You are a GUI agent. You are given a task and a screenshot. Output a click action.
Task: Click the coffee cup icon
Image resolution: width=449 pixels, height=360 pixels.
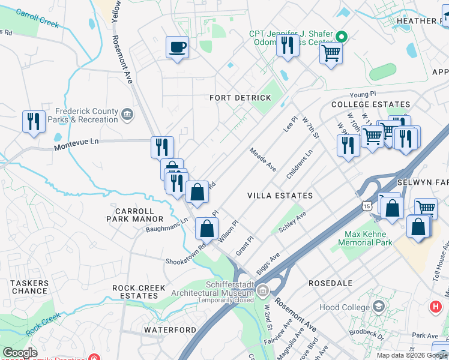tap(177, 47)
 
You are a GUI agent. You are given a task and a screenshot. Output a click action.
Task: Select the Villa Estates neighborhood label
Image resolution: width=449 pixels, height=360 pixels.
tap(280, 196)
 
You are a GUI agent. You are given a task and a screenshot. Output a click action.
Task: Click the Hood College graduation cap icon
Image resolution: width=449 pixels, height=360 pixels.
tap(378, 307)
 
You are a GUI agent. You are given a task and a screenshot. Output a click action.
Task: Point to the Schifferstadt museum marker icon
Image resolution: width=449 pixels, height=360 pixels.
tap(262, 292)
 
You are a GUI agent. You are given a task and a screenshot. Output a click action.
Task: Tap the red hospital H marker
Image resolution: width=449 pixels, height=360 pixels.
tap(436, 307)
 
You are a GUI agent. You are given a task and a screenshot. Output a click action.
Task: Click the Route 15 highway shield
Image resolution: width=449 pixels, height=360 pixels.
tap(366, 206)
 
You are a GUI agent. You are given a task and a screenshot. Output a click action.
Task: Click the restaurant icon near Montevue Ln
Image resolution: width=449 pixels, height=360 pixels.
tap(162, 146)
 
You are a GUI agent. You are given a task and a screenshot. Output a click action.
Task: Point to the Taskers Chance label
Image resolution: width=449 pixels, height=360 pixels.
tap(29, 287)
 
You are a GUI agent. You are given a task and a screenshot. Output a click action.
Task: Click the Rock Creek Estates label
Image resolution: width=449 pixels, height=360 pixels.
tap(139, 292)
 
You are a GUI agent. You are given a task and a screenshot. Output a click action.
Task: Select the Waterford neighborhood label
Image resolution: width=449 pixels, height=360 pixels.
tap(170, 330)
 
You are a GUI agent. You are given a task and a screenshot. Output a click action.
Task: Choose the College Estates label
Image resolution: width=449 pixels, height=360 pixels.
tap(370, 104)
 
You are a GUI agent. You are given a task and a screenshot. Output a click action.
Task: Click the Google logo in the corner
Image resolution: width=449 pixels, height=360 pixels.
tap(20, 353)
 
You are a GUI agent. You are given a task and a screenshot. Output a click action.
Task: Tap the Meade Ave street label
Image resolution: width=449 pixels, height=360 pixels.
tap(263, 160)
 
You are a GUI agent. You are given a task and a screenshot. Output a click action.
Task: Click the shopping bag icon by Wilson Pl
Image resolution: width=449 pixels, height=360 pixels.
tap(206, 229)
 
